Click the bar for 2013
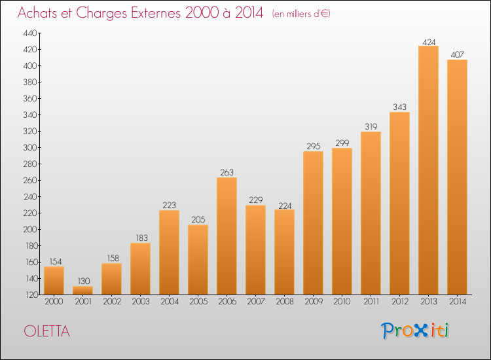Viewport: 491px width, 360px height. pos(428,170)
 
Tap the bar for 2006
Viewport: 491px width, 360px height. pos(227,236)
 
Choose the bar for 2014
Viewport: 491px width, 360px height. pos(457,177)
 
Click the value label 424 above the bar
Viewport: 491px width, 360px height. pos(428,42)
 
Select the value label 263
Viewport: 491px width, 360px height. pos(227,173)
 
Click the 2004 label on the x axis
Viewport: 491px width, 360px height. pos(169,302)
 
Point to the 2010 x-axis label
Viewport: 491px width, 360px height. pos(342,302)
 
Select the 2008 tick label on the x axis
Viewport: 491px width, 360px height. pos(284,302)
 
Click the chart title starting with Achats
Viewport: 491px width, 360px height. pos(140,14)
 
